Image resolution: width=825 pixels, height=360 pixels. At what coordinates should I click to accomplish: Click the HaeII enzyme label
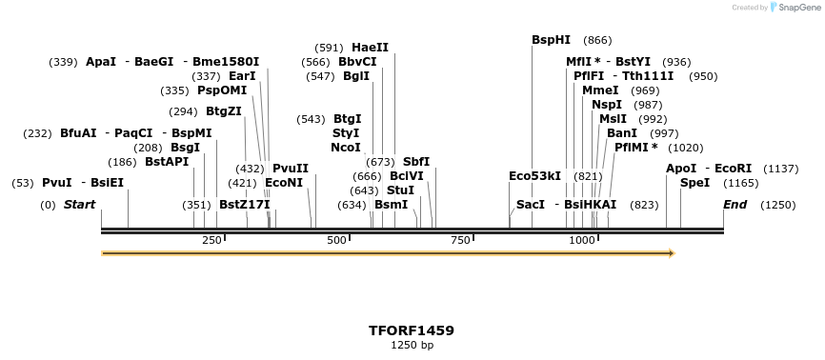click(x=370, y=48)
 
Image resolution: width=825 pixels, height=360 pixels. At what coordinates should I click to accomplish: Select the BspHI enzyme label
click(x=551, y=40)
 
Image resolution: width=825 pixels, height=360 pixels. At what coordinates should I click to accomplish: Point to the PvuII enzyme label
click(x=291, y=169)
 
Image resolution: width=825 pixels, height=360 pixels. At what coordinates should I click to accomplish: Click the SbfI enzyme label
click(x=416, y=162)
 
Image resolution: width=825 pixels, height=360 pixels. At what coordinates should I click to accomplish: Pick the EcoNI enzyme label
click(x=284, y=182)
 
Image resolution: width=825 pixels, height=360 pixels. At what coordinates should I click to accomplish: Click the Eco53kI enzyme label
click(x=534, y=176)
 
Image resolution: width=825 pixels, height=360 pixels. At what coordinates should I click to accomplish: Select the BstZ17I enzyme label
click(x=245, y=205)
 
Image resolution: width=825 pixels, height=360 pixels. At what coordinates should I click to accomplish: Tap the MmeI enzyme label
click(x=600, y=90)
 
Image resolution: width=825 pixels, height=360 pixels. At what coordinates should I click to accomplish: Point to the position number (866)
click(x=597, y=40)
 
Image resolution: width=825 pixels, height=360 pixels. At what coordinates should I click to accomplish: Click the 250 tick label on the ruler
click(x=211, y=241)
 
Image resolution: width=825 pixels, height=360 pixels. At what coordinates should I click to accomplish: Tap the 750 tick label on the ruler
click(x=460, y=241)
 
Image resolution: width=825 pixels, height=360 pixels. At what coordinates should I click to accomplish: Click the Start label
click(x=79, y=205)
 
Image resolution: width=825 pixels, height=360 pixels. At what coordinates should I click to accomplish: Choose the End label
click(x=734, y=205)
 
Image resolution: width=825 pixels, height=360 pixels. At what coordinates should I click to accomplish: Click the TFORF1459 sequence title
click(x=412, y=330)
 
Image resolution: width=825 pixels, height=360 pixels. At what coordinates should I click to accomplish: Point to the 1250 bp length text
click(x=412, y=346)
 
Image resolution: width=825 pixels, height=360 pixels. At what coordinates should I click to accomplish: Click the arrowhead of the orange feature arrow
click(x=672, y=253)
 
